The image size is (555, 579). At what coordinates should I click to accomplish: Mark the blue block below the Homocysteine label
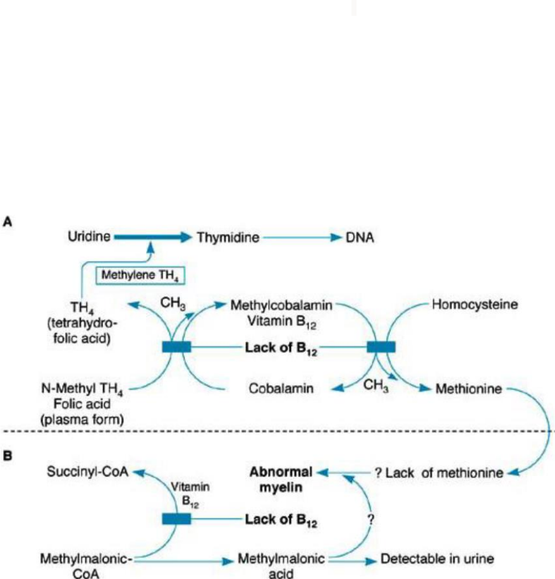click(x=381, y=346)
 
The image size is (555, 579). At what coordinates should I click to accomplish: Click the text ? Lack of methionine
click(x=438, y=472)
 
